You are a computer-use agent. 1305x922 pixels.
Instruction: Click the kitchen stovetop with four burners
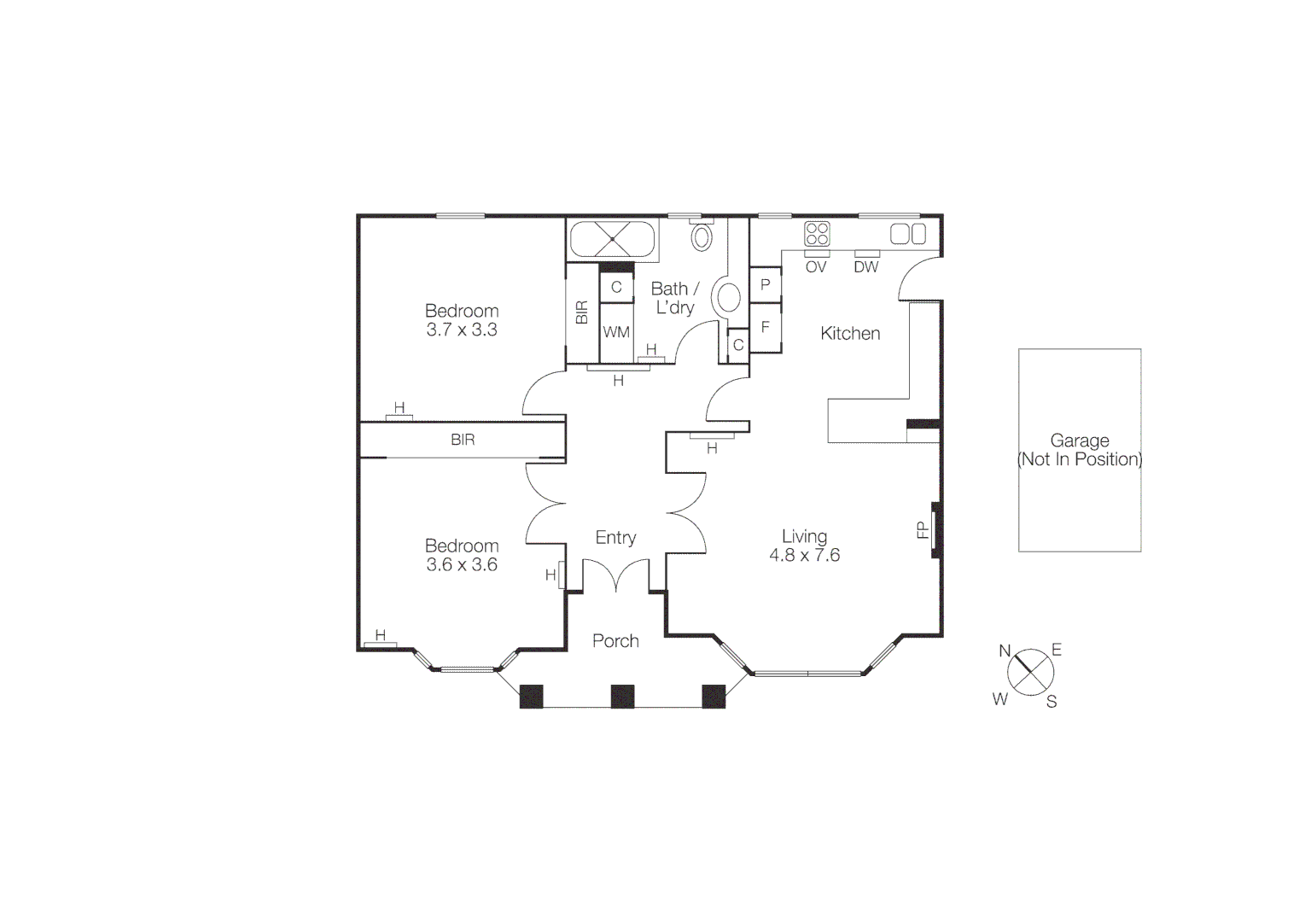(x=817, y=234)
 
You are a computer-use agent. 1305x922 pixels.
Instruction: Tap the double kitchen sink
(x=908, y=234)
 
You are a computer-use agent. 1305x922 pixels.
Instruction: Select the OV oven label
(x=816, y=267)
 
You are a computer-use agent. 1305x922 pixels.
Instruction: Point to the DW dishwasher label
(x=865, y=267)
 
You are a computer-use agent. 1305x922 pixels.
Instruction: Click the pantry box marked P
(x=766, y=285)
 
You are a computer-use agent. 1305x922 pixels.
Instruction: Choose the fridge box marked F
(x=766, y=327)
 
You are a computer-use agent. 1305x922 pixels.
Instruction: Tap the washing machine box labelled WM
(x=616, y=332)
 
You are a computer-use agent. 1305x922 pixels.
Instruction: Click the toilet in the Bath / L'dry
(x=702, y=236)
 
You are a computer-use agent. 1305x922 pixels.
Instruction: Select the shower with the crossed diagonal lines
(x=612, y=239)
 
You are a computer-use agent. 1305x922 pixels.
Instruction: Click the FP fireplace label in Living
(x=923, y=530)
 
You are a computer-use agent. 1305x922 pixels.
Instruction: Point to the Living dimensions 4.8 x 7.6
(x=804, y=556)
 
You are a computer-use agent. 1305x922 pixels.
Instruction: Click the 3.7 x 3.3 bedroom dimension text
(x=462, y=330)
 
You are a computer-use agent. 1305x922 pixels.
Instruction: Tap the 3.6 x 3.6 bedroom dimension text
(x=462, y=565)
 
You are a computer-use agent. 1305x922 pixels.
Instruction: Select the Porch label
(x=615, y=641)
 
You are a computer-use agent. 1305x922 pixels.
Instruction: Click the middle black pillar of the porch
(x=622, y=697)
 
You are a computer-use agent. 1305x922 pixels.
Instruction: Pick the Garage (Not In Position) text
(x=1080, y=450)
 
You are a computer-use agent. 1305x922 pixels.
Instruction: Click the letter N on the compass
(x=1005, y=651)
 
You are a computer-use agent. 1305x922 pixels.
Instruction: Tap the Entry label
(x=615, y=538)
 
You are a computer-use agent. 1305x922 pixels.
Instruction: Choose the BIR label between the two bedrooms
(x=463, y=441)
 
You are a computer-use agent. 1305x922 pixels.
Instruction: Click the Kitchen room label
(x=850, y=334)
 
